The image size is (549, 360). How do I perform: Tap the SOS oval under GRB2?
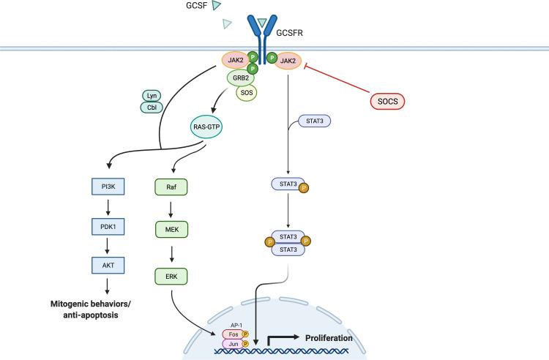[246, 92]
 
